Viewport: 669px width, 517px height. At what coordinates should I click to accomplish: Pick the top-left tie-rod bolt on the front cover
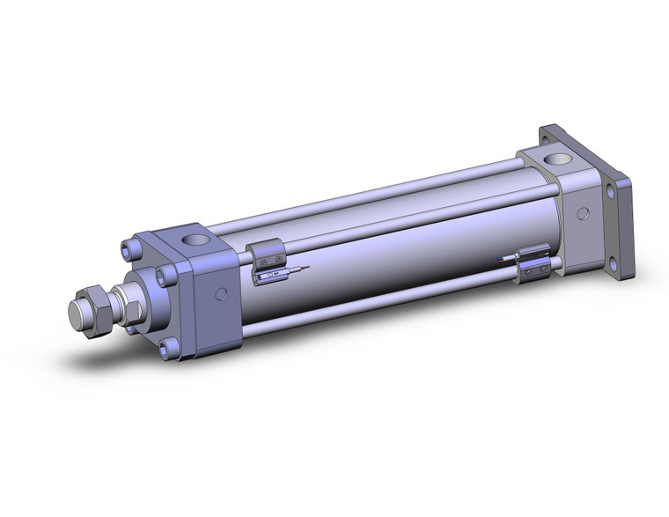coord(132,248)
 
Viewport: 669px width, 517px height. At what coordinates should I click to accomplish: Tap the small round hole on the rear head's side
coord(584,214)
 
